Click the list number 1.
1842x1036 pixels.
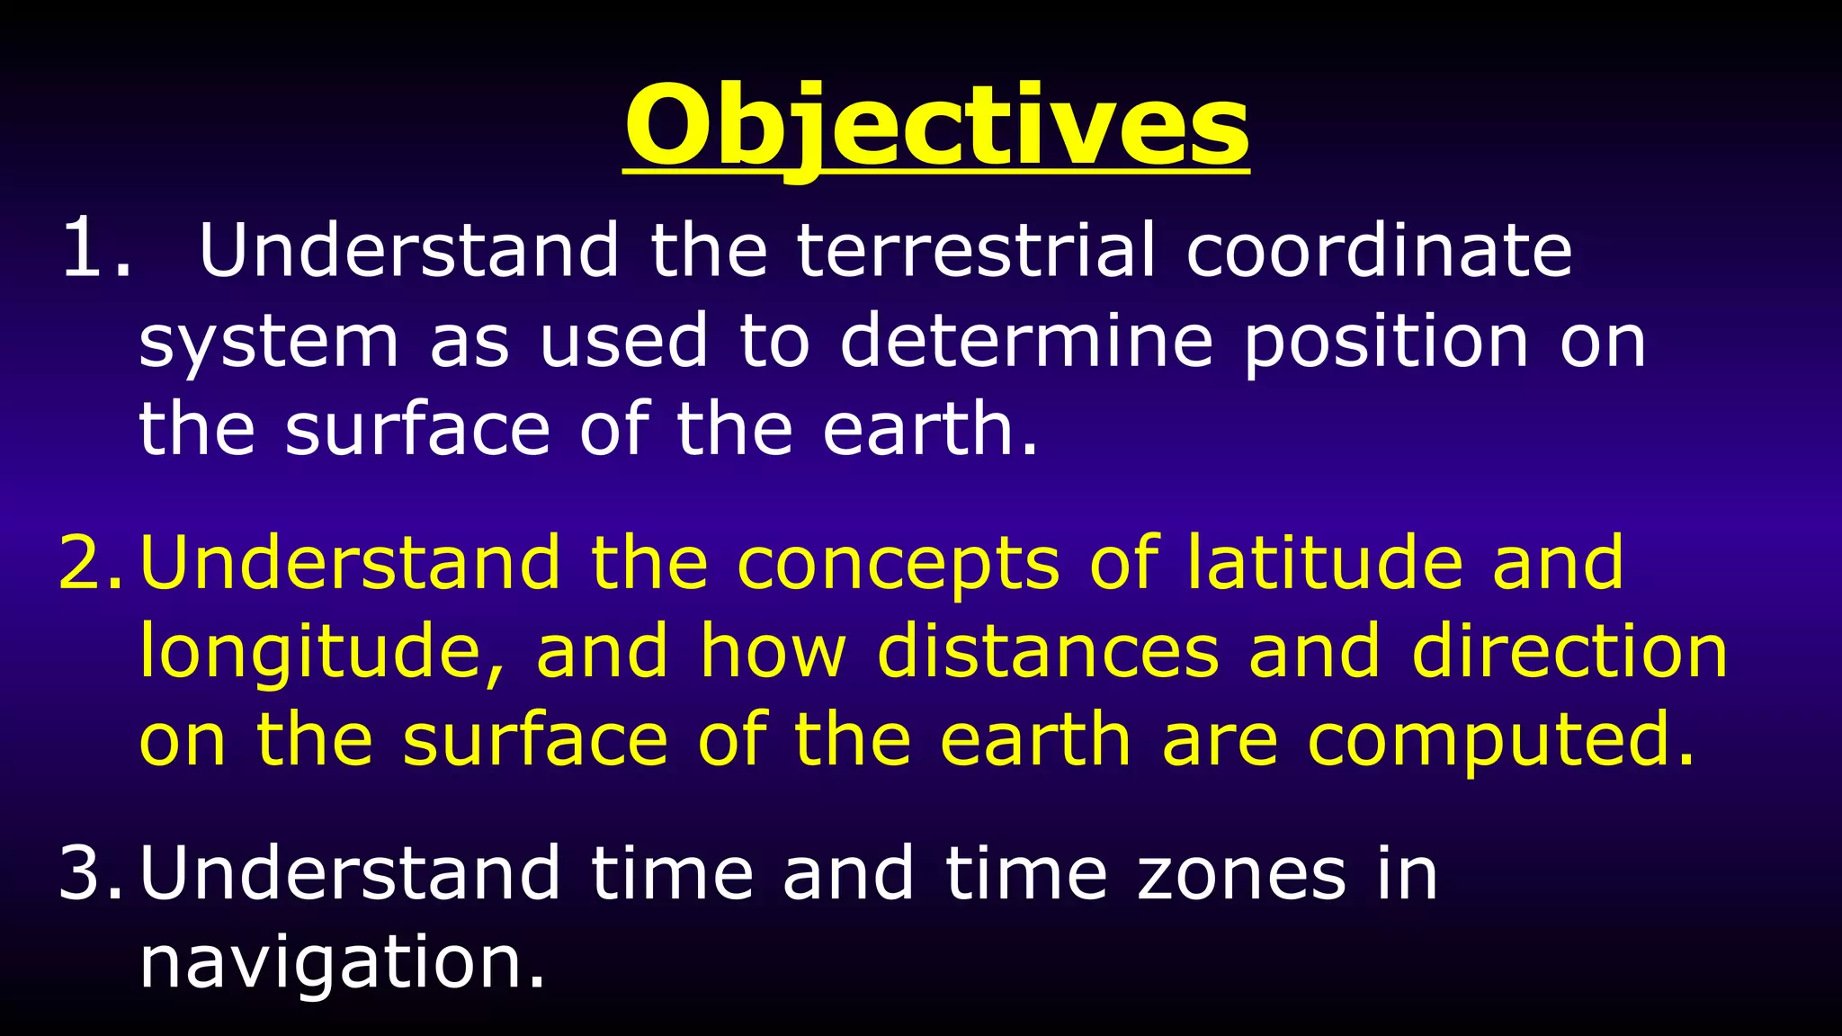94,249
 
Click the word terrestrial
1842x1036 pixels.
976,249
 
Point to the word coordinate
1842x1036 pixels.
1379,249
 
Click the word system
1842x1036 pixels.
268,343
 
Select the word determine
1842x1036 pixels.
1026,341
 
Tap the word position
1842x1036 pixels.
1386,343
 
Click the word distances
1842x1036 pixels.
1048,651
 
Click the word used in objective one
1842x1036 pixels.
624,341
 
